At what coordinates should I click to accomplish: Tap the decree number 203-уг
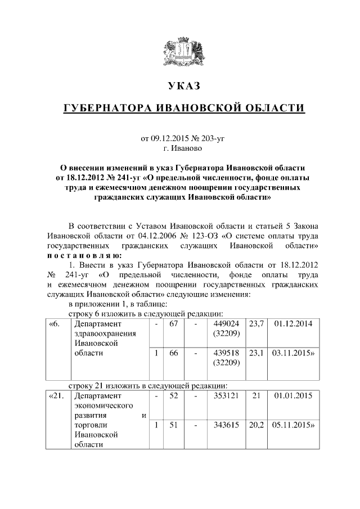(213, 138)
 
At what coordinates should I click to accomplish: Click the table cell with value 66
(173, 353)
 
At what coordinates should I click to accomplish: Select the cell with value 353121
(227, 396)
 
